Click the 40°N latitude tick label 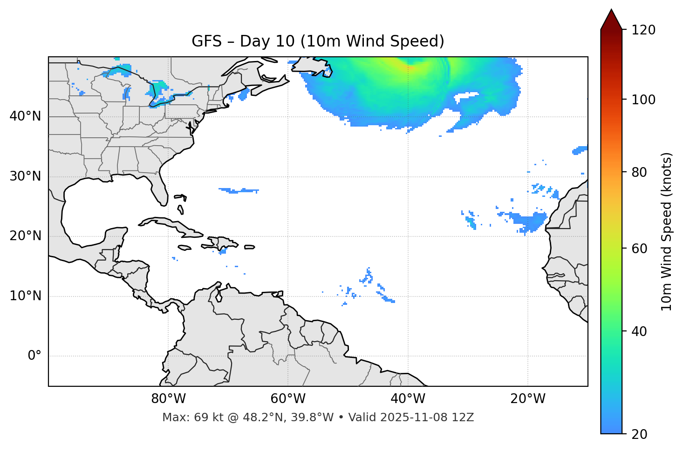click(x=25, y=116)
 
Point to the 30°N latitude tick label click(x=25, y=176)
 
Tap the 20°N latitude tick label click(x=25, y=236)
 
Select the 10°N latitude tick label click(x=25, y=296)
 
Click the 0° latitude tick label click(x=34, y=356)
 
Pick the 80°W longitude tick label click(x=168, y=399)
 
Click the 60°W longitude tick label click(x=288, y=399)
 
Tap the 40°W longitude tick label click(x=408, y=399)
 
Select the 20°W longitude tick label click(x=528, y=399)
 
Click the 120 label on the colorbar click(x=643, y=30)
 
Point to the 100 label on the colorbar click(x=643, y=100)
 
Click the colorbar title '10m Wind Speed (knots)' click(x=667, y=231)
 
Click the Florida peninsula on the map click(x=159, y=188)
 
